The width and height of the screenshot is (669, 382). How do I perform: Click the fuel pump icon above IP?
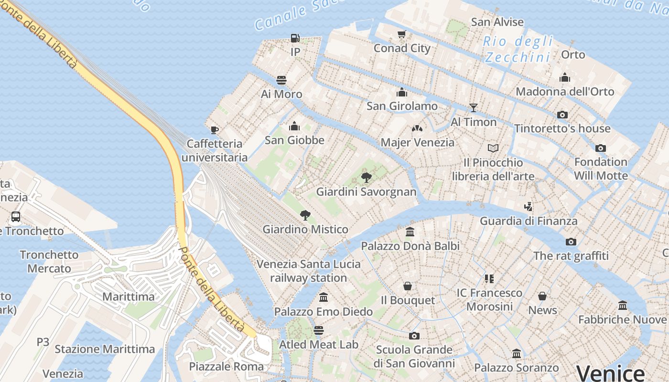[295, 38]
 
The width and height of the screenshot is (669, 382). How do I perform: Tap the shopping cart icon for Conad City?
[402, 34]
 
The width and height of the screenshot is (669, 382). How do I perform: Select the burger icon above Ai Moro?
[281, 80]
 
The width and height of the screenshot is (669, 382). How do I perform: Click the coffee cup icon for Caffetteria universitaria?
[215, 130]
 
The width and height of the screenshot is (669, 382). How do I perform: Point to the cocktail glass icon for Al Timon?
[474, 108]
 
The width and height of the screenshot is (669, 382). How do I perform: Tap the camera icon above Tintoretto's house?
[562, 115]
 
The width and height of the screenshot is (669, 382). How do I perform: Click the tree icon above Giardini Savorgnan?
[367, 178]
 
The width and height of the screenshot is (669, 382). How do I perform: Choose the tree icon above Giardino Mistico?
[305, 215]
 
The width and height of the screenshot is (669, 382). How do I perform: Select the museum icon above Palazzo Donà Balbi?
[410, 232]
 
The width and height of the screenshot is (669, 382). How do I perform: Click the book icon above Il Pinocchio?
[493, 149]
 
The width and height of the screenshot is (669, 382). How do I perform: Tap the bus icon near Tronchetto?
[16, 217]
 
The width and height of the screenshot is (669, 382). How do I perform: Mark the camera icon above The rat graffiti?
[571, 242]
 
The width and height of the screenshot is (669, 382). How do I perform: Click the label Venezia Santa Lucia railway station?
[309, 271]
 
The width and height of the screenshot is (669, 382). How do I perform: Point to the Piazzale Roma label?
[227, 366]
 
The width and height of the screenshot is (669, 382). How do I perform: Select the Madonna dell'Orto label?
[565, 91]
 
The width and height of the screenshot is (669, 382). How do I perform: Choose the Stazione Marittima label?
[105, 349]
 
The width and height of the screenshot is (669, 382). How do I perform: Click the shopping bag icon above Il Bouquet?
[408, 286]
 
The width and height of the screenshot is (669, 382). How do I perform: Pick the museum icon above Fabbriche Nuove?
[623, 305]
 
